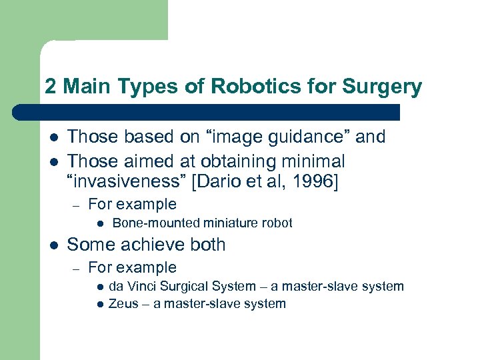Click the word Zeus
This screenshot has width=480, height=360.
[x=122, y=304]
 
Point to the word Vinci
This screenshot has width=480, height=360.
[x=143, y=287]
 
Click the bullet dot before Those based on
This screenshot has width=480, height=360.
[x=53, y=137]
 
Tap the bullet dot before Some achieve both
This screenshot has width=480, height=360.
[x=53, y=245]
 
